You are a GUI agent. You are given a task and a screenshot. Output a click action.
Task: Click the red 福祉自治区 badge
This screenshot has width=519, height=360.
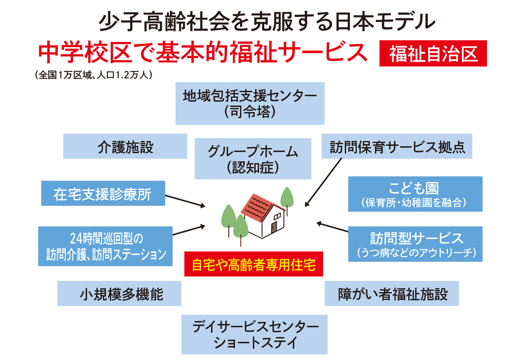click(x=433, y=53)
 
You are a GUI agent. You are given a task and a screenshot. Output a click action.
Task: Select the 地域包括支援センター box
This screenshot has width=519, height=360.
click(x=250, y=103)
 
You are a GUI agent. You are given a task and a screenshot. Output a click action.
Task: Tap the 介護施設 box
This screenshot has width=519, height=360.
click(x=125, y=146)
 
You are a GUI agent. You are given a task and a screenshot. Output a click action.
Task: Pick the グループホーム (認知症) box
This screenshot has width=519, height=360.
click(x=253, y=159)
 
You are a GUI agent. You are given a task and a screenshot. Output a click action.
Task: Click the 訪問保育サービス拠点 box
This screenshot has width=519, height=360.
click(x=397, y=146)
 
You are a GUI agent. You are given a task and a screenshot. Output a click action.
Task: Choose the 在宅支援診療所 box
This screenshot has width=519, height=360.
click(x=103, y=193)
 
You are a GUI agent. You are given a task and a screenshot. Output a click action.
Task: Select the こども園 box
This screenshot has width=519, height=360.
click(x=415, y=194)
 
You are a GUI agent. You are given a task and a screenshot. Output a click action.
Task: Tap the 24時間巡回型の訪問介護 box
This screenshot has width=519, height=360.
click(x=105, y=246)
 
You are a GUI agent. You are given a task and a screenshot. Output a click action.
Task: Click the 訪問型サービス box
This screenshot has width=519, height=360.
click(x=415, y=244)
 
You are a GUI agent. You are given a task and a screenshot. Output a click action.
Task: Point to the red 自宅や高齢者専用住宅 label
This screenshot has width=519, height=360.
click(x=253, y=264)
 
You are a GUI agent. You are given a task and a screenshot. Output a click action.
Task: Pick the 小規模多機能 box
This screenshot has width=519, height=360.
click(x=119, y=293)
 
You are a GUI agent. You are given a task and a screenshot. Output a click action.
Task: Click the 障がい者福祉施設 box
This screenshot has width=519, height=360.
click(x=391, y=293)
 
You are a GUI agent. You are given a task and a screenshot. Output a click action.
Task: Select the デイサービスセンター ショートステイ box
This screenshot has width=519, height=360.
click(x=254, y=334)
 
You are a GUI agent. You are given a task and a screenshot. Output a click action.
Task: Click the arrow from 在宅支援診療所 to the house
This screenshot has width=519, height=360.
click(x=185, y=201)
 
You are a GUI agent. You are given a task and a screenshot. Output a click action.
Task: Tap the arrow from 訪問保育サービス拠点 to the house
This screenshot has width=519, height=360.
click(x=323, y=182)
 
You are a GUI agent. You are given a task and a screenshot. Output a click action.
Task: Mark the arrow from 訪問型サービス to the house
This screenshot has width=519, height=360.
click(x=332, y=227)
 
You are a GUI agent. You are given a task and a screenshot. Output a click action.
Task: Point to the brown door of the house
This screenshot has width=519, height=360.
click(x=274, y=228)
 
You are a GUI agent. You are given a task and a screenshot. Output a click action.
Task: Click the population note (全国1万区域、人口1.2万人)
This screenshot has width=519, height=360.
click(x=93, y=75)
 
